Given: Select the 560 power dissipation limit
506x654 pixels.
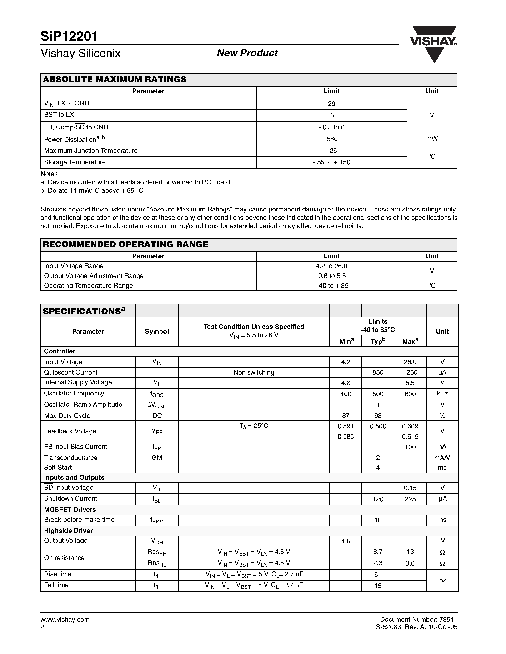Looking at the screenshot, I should [331, 139].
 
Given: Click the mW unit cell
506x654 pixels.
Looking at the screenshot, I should [432, 139].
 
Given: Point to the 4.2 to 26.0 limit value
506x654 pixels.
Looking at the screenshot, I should [331, 266].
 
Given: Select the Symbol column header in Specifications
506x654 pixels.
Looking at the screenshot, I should [157, 331].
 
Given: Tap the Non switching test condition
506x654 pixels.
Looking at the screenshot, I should [254, 372].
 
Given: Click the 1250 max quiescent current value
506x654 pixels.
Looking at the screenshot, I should [410, 372].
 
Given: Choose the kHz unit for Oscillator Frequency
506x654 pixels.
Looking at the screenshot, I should [442, 394].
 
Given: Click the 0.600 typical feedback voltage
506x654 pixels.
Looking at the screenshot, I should [378, 426].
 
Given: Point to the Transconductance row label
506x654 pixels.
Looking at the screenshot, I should [70, 458].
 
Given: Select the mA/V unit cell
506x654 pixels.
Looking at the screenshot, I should [442, 458].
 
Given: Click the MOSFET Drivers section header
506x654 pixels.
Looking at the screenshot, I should [70, 509].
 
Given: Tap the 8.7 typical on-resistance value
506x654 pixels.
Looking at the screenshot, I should [378, 552].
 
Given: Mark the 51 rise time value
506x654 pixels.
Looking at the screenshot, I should [378, 574].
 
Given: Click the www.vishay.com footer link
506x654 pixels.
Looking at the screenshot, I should [65, 620].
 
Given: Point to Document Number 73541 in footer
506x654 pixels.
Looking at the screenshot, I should [418, 619].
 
